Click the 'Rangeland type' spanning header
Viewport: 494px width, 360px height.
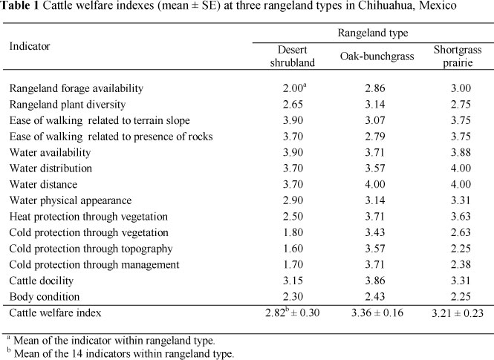pyautogui.click(x=372, y=33)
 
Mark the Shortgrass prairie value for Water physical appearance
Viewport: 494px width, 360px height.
pyautogui.click(x=456, y=200)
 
